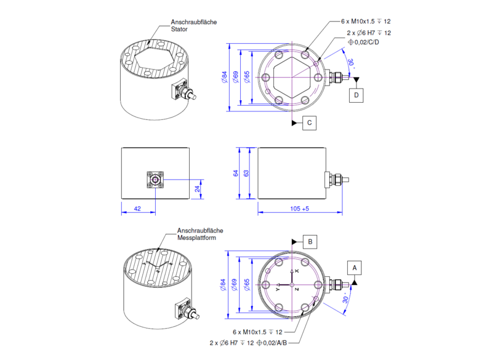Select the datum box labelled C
310,123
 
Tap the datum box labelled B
312,241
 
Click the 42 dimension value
138,209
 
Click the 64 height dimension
235,174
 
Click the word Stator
179,29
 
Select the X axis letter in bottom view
296,271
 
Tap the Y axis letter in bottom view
278,289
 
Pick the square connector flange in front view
155,180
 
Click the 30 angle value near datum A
345,300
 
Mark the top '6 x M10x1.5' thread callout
363,22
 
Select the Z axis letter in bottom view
296,289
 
